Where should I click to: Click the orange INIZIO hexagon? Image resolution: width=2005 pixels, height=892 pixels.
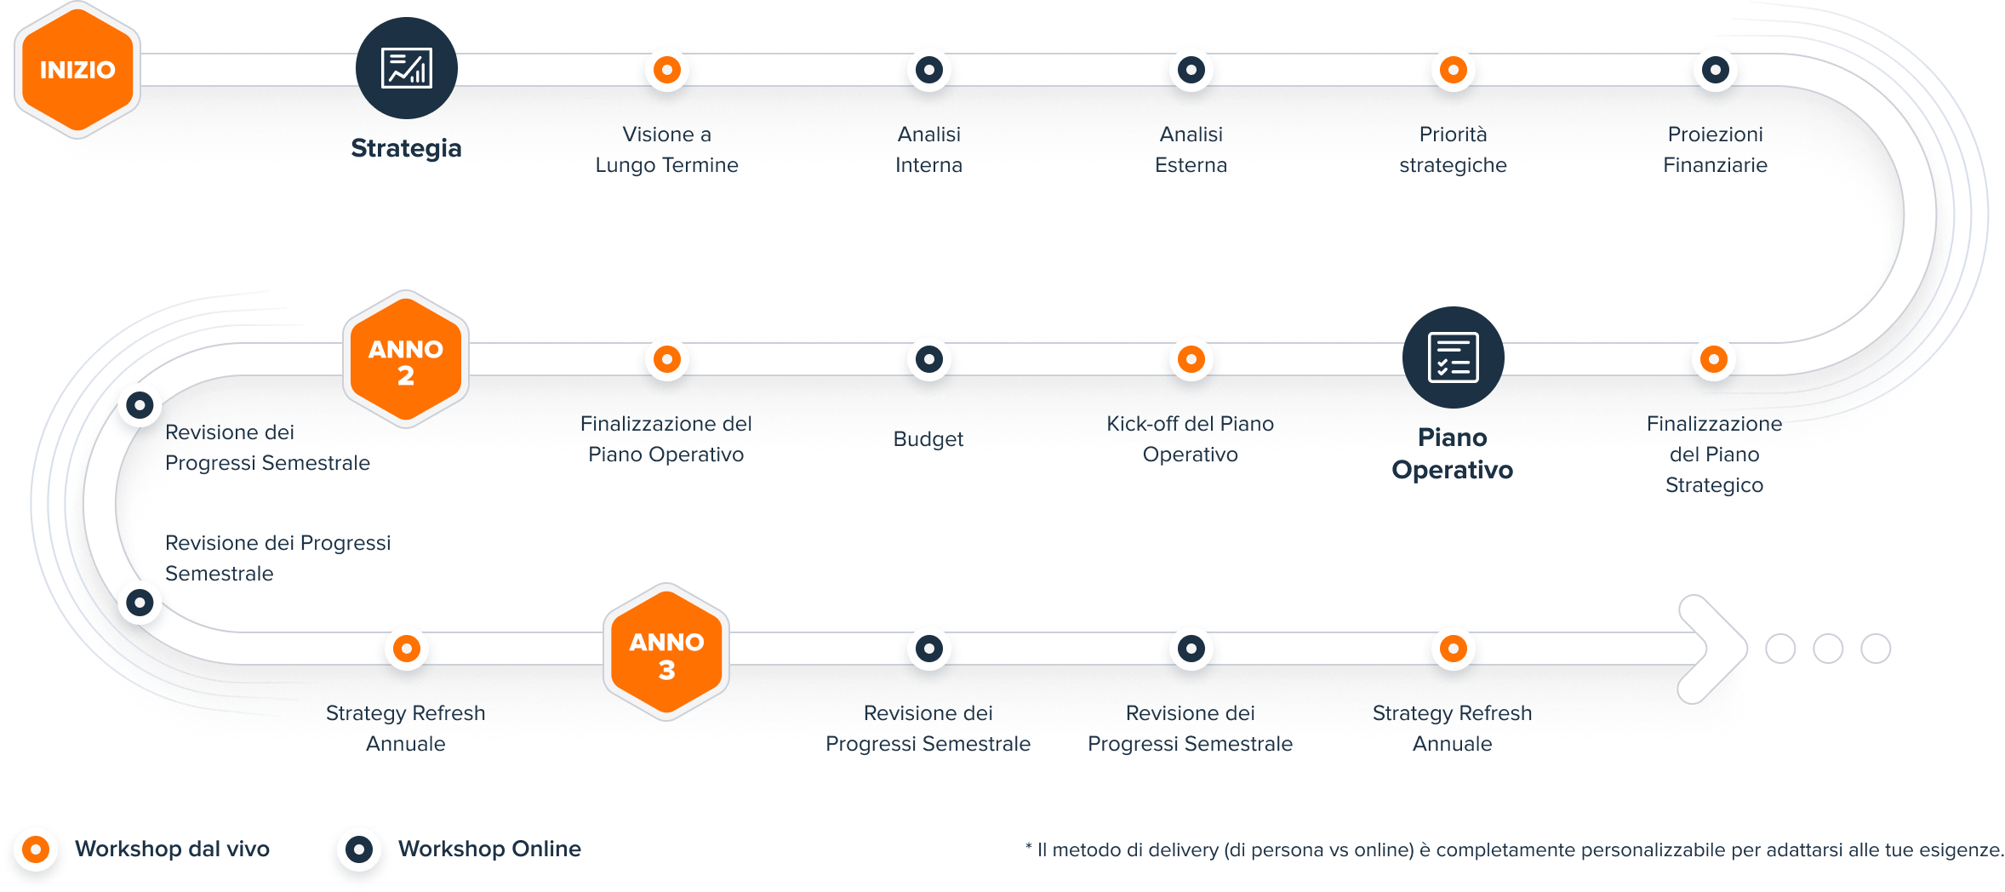pos(77,70)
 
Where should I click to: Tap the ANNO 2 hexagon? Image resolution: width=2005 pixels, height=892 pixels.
pos(406,361)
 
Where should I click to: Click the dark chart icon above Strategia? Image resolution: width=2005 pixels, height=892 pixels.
pos(407,68)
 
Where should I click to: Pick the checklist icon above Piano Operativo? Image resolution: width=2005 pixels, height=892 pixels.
pos(1453,357)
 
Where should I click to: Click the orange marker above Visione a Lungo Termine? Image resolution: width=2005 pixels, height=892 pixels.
pos(667,70)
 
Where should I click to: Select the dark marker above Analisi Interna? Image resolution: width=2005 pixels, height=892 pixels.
pos(929,70)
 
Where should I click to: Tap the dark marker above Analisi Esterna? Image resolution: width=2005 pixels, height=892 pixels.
pos(1191,70)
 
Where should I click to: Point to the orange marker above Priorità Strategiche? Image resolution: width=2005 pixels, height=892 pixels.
pos(1454,70)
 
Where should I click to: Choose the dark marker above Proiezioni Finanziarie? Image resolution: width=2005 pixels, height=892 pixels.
pos(1716,70)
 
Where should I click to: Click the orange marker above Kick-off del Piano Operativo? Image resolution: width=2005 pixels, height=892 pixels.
pos(1191,359)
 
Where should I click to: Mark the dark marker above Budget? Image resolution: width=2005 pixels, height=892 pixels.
pos(929,359)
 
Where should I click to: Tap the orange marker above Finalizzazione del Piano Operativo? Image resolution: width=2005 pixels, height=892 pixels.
pos(667,359)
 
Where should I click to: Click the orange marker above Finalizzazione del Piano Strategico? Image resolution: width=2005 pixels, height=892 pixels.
pos(1714,359)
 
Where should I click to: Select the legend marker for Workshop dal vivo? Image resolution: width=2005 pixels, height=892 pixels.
pos(36,849)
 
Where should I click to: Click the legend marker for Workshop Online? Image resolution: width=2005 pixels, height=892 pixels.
pos(359,849)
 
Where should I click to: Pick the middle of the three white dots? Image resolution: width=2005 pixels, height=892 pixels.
pos(1828,649)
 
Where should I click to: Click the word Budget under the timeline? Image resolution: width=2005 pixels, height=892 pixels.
pos(928,439)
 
